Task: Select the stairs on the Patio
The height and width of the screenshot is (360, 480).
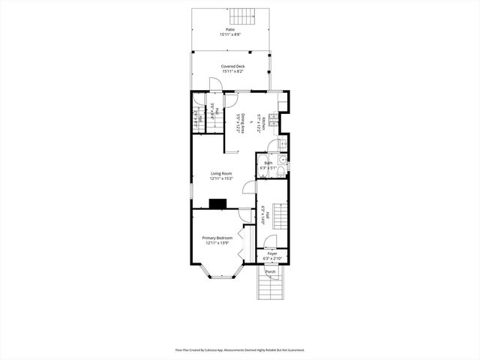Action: (241, 16)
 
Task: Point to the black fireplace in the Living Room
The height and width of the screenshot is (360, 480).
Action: (218, 202)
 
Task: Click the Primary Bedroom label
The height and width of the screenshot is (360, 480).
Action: (217, 238)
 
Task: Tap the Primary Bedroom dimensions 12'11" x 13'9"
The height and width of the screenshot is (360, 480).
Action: (217, 243)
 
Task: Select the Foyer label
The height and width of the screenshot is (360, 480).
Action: (272, 253)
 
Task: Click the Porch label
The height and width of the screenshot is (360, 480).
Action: (270, 271)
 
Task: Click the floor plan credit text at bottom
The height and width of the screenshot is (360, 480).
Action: (240, 349)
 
